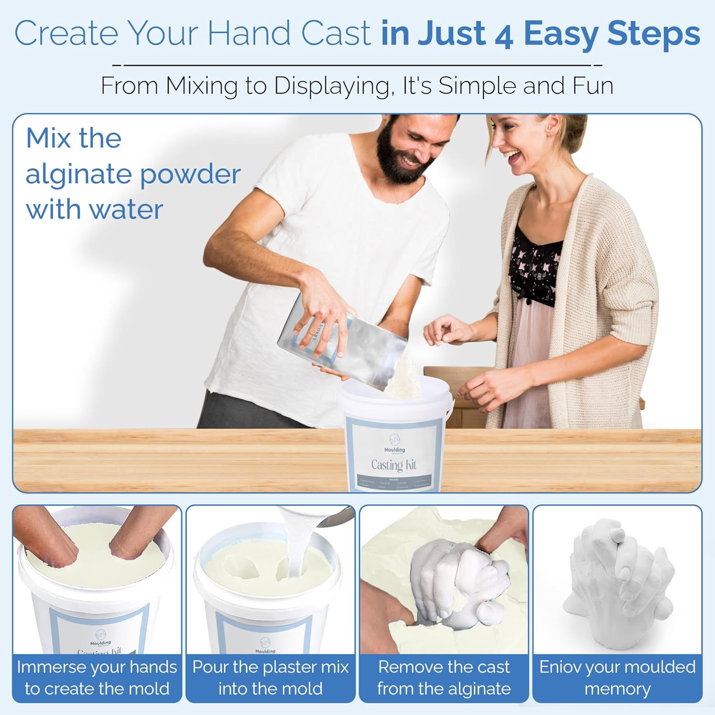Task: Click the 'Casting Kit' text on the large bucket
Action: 394,465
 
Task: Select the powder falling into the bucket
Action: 405,377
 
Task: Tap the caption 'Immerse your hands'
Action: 97,667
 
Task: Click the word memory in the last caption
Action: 617,689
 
